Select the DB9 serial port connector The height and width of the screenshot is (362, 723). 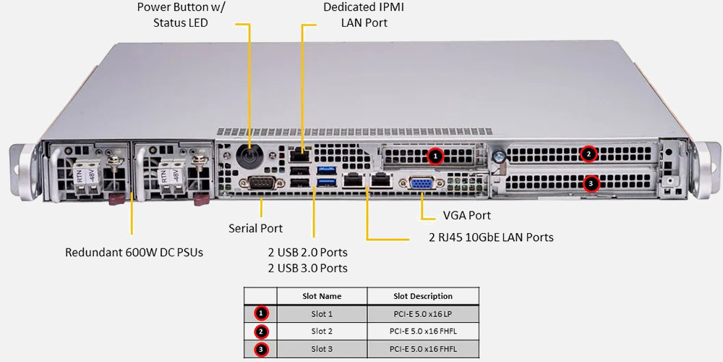[261, 184]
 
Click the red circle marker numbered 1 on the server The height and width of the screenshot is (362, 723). [435, 155]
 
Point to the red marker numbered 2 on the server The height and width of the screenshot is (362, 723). [589, 153]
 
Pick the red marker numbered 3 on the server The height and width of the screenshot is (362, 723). [591, 184]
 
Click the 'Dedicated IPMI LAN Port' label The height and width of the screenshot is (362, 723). [364, 15]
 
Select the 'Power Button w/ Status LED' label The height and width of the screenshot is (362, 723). [181, 15]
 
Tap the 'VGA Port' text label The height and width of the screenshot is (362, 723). [466, 216]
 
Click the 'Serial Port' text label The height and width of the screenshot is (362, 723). [256, 228]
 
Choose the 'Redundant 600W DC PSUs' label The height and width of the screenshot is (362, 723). [134, 253]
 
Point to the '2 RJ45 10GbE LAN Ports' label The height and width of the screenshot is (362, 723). [491, 237]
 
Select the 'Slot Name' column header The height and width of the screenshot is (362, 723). [322, 296]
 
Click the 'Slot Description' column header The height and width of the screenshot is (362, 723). [423, 296]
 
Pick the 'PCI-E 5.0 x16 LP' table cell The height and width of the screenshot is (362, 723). [423, 313]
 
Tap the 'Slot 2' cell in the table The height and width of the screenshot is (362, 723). [322, 332]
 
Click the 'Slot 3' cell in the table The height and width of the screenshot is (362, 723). [322, 349]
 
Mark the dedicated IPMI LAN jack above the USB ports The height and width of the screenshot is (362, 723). [298, 154]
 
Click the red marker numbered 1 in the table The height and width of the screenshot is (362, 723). [262, 313]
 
